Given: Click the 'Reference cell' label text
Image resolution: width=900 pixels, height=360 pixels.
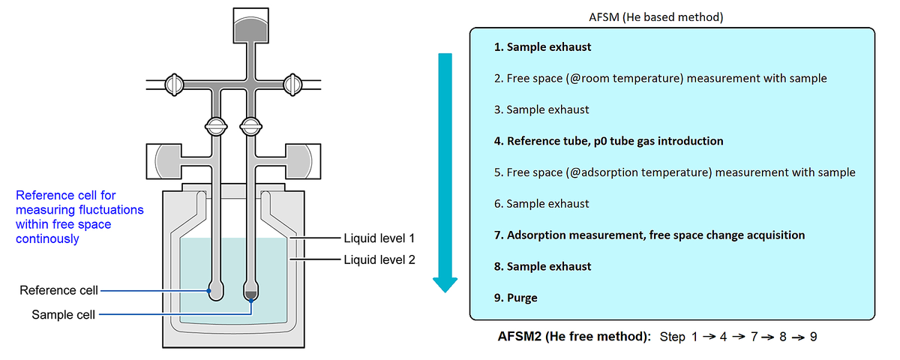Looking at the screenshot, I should point(58,290).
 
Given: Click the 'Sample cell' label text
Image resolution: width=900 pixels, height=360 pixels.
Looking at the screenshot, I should point(63,315).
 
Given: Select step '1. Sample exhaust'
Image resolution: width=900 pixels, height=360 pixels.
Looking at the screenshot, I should point(542,46).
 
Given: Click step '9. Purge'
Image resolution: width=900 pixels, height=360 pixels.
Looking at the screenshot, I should point(515,298).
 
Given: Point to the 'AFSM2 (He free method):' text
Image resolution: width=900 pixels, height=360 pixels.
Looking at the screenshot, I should point(574,337).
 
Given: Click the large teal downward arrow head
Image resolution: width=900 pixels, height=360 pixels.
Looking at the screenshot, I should point(445,284).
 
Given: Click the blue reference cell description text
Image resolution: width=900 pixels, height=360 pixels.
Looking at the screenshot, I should point(79,217).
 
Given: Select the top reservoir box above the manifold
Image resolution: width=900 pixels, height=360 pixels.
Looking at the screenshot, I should point(250,27).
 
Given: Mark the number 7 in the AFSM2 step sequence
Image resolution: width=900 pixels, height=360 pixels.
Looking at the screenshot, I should point(751,337).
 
